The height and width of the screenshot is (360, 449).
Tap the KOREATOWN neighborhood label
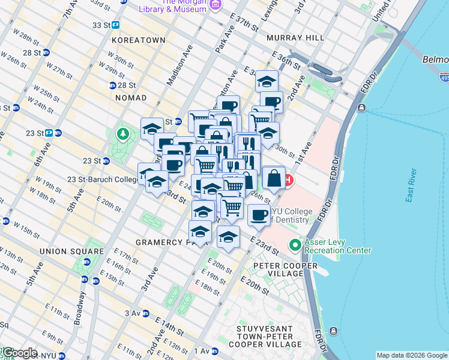[137, 40]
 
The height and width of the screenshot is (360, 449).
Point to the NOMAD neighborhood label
[130, 97]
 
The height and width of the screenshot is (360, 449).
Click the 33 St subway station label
[101, 25]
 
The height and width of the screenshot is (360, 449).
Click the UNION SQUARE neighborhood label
[71, 250]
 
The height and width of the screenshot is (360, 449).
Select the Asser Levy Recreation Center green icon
[295, 245]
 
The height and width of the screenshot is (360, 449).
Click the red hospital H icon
[289, 179]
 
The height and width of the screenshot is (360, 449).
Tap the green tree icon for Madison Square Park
[123, 133]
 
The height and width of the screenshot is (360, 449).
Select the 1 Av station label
[201, 351]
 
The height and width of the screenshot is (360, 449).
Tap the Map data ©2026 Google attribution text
[411, 355]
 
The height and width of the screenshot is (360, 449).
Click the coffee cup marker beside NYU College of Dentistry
[259, 214]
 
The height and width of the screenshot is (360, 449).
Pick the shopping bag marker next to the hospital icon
[274, 178]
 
